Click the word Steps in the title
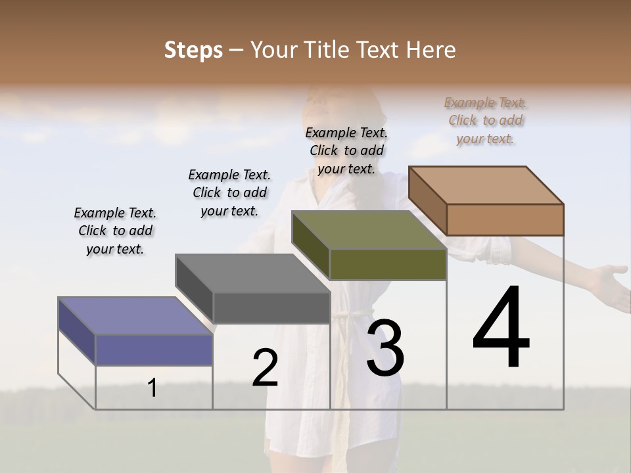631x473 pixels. coord(193,50)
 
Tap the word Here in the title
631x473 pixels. coord(431,50)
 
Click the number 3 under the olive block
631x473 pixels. coord(385,348)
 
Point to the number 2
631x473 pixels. coord(265,367)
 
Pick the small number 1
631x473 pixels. coord(152,388)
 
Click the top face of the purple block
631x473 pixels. coord(135,316)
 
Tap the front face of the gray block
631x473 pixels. coord(271,307)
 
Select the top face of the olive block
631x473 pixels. coord(368,230)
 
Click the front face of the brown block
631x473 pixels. coord(505,219)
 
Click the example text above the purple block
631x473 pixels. coord(115,231)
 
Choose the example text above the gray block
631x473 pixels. coord(229,192)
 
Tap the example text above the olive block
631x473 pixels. coord(346,150)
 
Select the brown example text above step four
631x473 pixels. coord(485,120)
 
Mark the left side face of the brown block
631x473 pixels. coord(427,200)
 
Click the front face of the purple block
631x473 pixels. coord(154,349)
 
